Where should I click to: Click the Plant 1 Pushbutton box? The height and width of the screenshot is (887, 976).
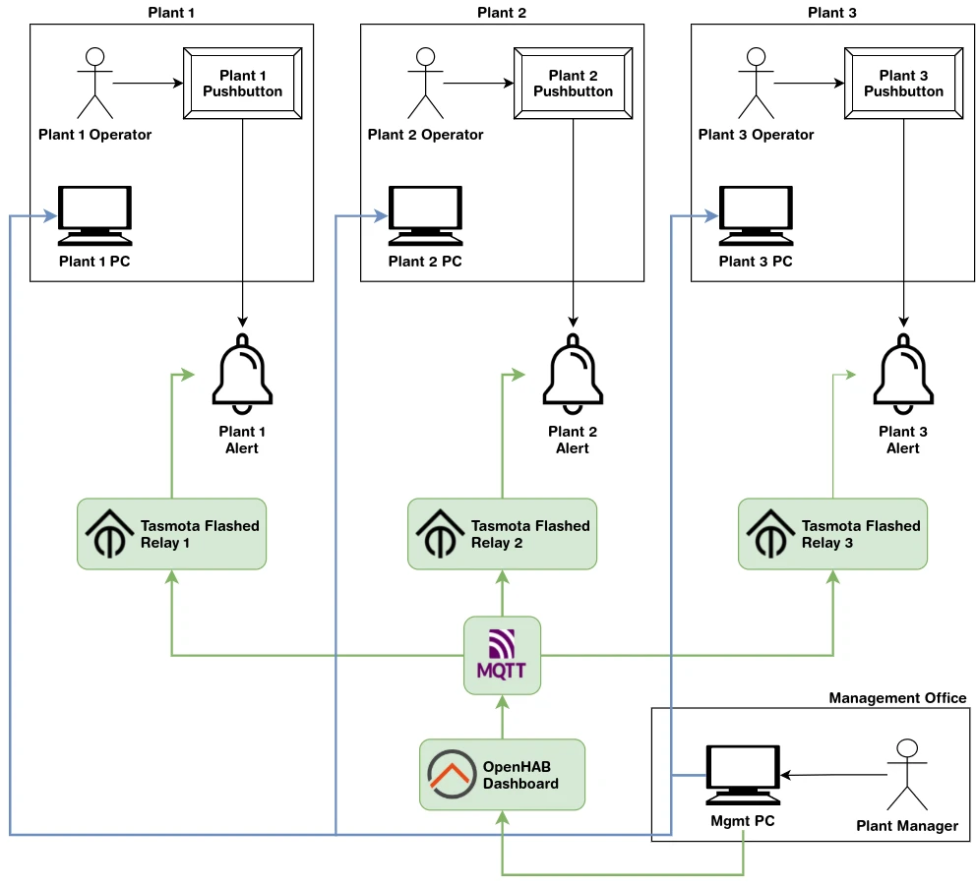pyautogui.click(x=242, y=84)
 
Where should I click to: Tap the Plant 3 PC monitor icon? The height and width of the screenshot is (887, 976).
pyautogui.click(x=756, y=215)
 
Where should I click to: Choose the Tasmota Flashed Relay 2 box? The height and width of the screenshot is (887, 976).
pyautogui.click(x=502, y=533)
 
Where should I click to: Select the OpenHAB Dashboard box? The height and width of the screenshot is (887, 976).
pyautogui.click(x=502, y=775)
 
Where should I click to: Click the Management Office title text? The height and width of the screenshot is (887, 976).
pyautogui.click(x=897, y=698)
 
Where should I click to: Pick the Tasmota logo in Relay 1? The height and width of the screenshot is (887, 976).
pyautogui.click(x=109, y=533)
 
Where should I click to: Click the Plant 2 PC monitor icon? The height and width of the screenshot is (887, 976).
pyautogui.click(x=425, y=215)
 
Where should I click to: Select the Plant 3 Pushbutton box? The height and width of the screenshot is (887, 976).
pyautogui.click(x=903, y=84)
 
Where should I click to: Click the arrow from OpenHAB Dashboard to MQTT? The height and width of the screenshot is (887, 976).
pyautogui.click(x=502, y=715)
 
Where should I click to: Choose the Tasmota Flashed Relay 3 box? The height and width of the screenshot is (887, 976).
pyautogui.click(x=832, y=533)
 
